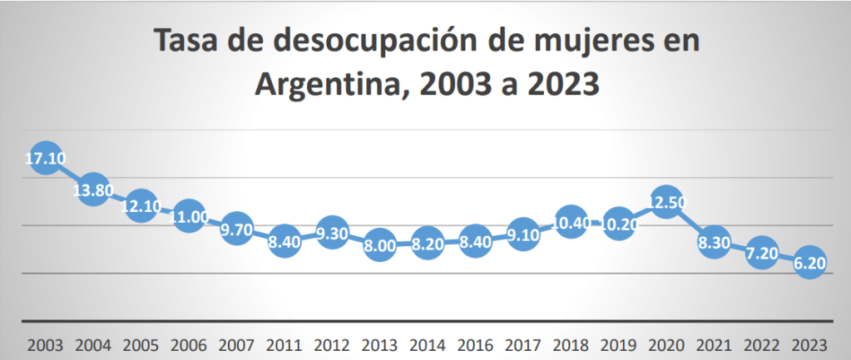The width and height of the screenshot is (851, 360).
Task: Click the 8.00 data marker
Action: [x=379, y=245]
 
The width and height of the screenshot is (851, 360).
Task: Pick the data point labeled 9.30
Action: [x=332, y=234]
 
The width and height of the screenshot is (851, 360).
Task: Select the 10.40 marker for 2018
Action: [x=570, y=222]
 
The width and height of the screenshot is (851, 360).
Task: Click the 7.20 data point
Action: [x=760, y=252]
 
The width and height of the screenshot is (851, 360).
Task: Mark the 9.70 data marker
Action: [x=236, y=229]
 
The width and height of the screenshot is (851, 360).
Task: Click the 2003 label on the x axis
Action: [x=45, y=343]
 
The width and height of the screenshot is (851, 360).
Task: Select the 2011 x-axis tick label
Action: [x=284, y=343]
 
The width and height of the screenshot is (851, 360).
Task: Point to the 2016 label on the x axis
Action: [x=474, y=343]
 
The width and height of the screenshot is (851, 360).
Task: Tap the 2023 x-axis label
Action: [x=809, y=343]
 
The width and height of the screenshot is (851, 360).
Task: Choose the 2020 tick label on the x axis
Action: [x=665, y=343]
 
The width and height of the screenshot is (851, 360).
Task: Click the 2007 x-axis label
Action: [x=236, y=343]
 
